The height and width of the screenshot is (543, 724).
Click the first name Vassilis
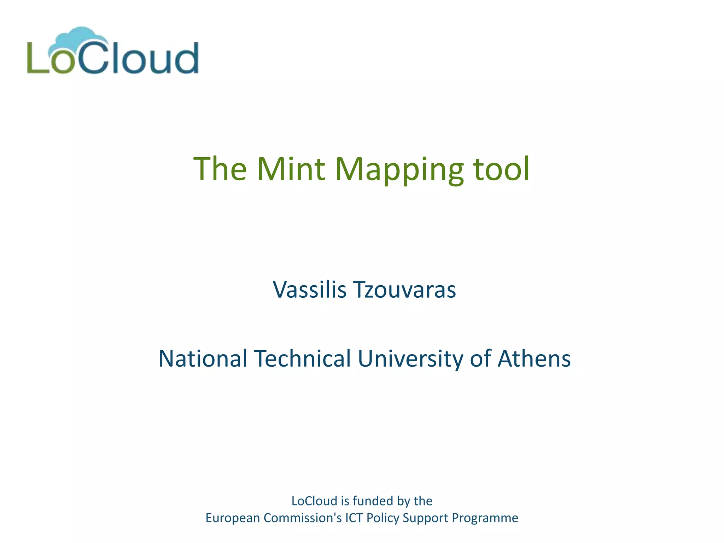pyautogui.click(x=309, y=290)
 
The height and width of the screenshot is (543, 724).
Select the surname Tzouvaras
pyautogui.click(x=405, y=290)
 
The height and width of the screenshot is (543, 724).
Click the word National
pyautogui.click(x=203, y=358)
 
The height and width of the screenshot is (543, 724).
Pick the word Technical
pyautogui.click(x=302, y=358)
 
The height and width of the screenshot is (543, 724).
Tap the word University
pyautogui.click(x=410, y=358)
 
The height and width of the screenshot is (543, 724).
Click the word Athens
pyautogui.click(x=534, y=358)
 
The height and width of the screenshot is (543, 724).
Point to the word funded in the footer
pyautogui.click(x=373, y=501)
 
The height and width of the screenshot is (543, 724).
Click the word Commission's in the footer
pyautogui.click(x=303, y=518)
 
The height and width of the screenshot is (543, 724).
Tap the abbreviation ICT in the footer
pyautogui.click(x=354, y=518)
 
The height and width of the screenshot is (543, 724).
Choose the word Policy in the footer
pyautogui.click(x=383, y=518)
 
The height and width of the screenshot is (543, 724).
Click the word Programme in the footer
pyautogui.click(x=485, y=518)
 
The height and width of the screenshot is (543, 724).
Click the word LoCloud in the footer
pyautogui.click(x=314, y=501)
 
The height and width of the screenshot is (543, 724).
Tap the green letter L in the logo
pyautogui.click(x=37, y=58)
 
